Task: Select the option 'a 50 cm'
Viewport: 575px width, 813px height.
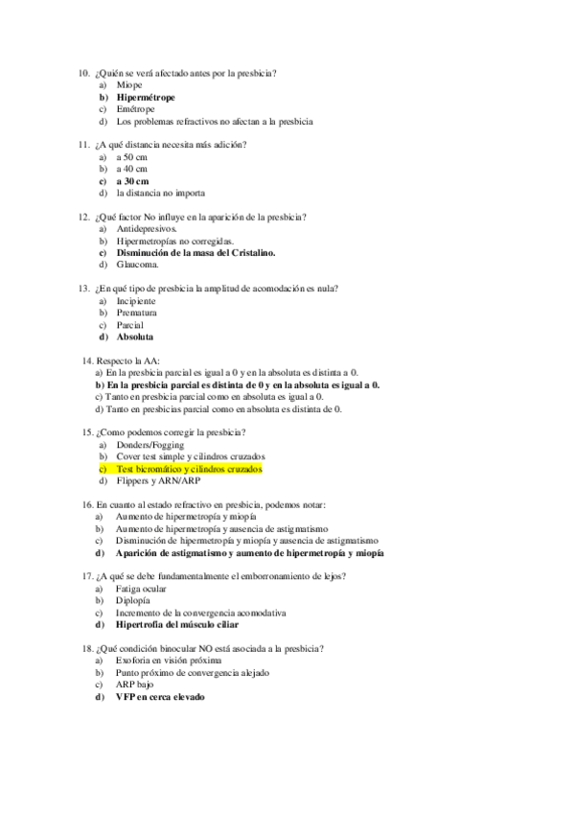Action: tap(132, 156)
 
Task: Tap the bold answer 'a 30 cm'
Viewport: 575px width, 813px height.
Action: tap(132, 180)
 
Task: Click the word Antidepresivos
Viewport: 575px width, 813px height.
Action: tap(148, 229)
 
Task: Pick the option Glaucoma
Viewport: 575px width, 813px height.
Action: tap(138, 265)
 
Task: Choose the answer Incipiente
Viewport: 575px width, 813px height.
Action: tap(136, 301)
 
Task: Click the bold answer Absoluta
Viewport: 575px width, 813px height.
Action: tap(135, 337)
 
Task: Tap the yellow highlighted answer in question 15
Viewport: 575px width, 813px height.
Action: tap(189, 470)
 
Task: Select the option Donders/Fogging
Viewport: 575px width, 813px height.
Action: tap(150, 446)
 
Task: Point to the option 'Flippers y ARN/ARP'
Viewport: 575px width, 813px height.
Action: tap(159, 481)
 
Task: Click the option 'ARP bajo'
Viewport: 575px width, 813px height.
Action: tap(134, 685)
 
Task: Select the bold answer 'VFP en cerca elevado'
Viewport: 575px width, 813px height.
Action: tap(160, 697)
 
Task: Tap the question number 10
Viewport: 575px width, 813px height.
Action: tap(82, 74)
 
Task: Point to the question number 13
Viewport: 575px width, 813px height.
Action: tap(82, 289)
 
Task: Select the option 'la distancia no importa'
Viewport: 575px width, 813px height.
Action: tap(160, 193)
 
